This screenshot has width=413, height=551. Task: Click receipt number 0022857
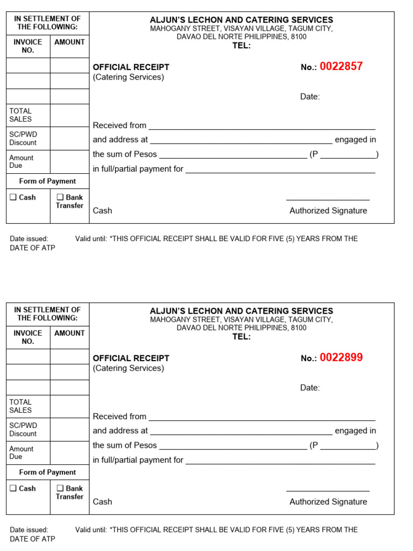click(x=341, y=67)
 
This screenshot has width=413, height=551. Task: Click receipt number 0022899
click(x=341, y=358)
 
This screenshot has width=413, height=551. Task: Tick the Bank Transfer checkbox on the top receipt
click(x=60, y=197)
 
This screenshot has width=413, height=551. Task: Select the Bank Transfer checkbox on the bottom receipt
click(x=60, y=489)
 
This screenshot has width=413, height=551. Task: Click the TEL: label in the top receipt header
click(x=241, y=46)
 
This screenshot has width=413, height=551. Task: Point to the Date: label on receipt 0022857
click(x=310, y=97)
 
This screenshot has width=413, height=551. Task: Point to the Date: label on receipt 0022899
click(x=310, y=388)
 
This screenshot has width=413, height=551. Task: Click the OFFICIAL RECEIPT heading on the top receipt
click(x=131, y=67)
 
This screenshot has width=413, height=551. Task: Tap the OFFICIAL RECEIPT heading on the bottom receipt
click(x=131, y=358)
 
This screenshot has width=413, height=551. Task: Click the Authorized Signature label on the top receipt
click(x=328, y=211)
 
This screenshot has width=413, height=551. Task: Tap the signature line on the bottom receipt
click(x=328, y=491)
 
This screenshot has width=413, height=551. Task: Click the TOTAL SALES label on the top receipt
click(x=20, y=115)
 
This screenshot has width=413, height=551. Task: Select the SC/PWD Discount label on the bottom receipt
click(x=23, y=429)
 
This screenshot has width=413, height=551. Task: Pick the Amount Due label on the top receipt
click(x=21, y=161)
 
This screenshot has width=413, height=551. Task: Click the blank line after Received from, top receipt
click(x=261, y=129)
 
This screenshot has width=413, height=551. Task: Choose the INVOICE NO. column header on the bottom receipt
click(x=28, y=337)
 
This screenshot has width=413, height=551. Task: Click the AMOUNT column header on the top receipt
click(x=69, y=42)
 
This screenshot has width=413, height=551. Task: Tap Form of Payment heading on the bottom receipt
click(x=47, y=472)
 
